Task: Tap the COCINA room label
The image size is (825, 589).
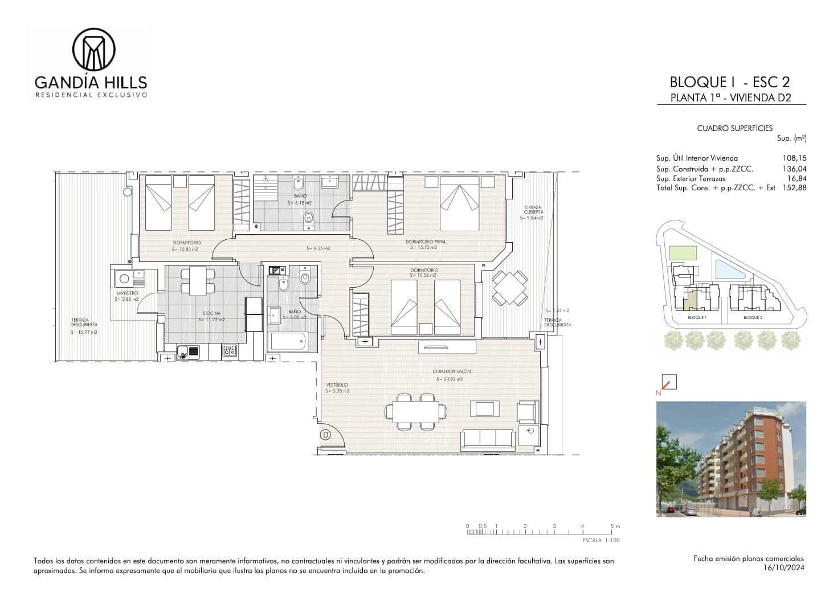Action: (x=212, y=313)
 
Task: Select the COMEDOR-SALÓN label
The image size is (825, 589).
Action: (x=452, y=371)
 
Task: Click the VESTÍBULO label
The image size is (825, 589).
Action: (x=337, y=385)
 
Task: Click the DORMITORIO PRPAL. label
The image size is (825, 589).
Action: (x=428, y=242)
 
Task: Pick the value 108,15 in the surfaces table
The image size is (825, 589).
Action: (x=795, y=158)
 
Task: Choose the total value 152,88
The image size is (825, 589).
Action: (x=795, y=187)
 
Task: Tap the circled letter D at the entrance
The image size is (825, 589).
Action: (x=326, y=435)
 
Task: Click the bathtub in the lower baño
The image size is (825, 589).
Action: (x=288, y=342)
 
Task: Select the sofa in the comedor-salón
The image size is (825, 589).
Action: (x=487, y=438)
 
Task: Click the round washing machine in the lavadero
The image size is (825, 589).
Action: (x=124, y=280)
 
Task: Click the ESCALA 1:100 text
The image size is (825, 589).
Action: (x=601, y=540)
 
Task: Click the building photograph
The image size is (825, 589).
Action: (x=731, y=459)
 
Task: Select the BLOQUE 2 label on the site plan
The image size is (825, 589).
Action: (x=753, y=317)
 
